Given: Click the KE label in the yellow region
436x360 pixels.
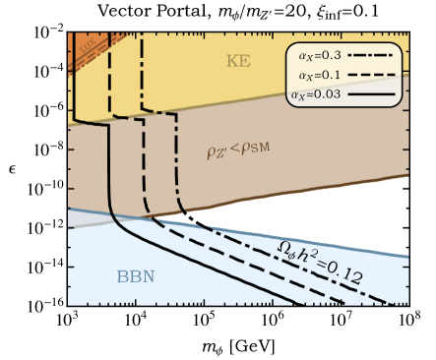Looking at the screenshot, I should [238, 61].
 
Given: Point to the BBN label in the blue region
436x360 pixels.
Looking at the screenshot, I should [136, 276].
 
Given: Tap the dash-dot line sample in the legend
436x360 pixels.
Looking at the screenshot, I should [369, 57].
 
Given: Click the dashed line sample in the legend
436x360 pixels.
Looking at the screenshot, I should [369, 76].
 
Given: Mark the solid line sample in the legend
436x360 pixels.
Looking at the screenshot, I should [369, 94].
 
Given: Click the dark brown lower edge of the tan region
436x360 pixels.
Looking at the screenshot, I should [295, 196].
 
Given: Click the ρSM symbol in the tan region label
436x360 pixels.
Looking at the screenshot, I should [260, 150].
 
